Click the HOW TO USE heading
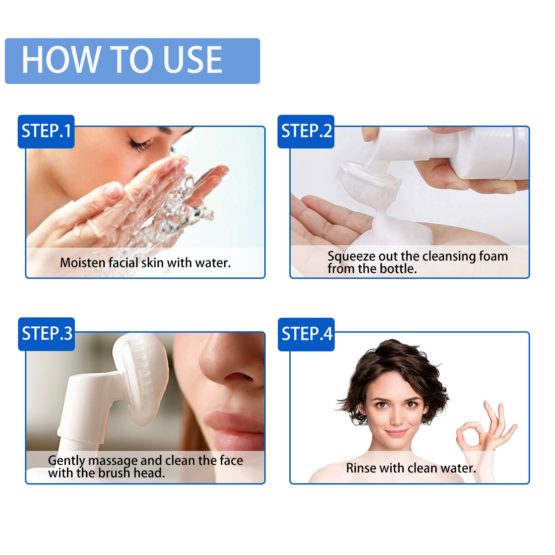pyautogui.click(x=122, y=60)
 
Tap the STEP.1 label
pyautogui.click(x=46, y=131)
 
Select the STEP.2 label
pyautogui.click(x=306, y=131)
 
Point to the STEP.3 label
pyautogui.click(x=47, y=334)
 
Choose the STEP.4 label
pyautogui.click(x=307, y=334)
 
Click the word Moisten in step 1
pyautogui.click(x=83, y=263)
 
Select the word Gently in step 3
pyautogui.click(x=66, y=461)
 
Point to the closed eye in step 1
pyautogui.click(x=141, y=144)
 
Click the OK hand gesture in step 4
pyautogui.click(x=486, y=430)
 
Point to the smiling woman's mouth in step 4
pyautogui.click(x=396, y=433)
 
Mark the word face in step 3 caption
pyautogui.click(x=231, y=461)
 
